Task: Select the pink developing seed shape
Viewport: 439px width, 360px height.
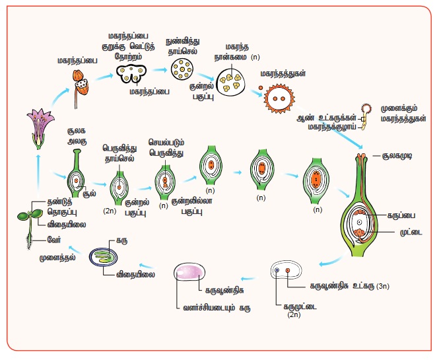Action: coord(191,275)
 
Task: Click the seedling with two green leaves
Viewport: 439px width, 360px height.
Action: coord(27,217)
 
